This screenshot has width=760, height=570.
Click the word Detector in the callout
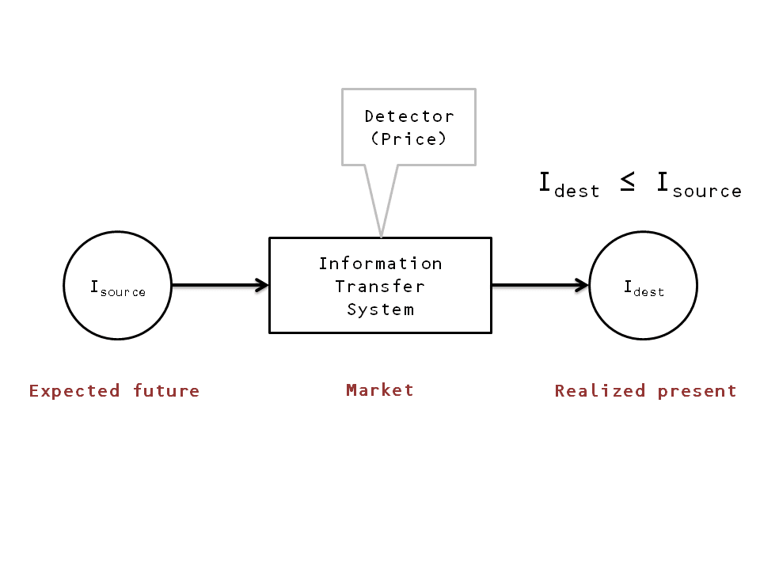pyautogui.click(x=408, y=116)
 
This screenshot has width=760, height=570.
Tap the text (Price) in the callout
pyautogui.click(x=408, y=139)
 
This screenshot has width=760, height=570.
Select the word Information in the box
pyautogui.click(x=380, y=264)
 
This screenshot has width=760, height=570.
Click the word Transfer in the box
pyautogui.click(x=380, y=287)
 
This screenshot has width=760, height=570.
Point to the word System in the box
pyautogui.click(x=380, y=310)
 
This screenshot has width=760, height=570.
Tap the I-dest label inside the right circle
pyautogui.click(x=644, y=288)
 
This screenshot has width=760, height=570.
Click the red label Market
pyautogui.click(x=380, y=390)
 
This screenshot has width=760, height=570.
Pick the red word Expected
pyautogui.click(x=74, y=391)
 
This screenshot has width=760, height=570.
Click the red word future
pyautogui.click(x=166, y=391)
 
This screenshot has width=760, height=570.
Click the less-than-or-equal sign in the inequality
pyautogui.click(x=627, y=184)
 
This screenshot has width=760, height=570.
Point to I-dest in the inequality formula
pyautogui.click(x=569, y=185)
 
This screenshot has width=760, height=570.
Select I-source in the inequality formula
pyautogui.click(x=698, y=185)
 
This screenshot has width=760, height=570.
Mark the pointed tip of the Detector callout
pyautogui.click(x=382, y=235)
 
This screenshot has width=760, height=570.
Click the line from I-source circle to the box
pyautogui.click(x=214, y=285)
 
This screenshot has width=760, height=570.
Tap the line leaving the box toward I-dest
pyautogui.click(x=534, y=285)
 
